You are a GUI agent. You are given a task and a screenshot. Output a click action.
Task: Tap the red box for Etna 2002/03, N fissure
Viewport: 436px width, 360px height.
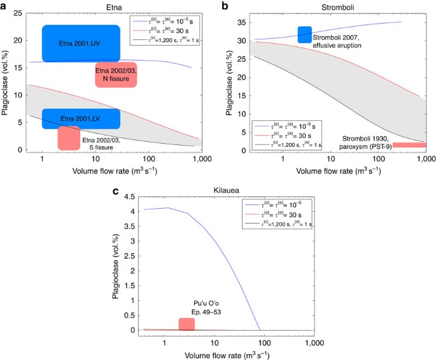pos(116,75)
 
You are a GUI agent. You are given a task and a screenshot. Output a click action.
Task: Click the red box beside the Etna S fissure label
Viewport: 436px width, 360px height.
pos(69,138)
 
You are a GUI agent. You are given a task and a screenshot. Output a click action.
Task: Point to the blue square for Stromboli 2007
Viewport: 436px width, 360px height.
pos(305,35)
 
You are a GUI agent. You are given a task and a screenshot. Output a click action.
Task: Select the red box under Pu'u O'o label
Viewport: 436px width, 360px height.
pos(186,324)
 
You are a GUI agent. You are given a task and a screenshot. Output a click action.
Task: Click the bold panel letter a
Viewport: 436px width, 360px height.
pos(4,5)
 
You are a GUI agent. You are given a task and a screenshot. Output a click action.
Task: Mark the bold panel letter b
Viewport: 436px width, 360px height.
pos(223,5)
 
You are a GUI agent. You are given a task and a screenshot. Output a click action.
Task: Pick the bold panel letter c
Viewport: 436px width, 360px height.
pos(115,191)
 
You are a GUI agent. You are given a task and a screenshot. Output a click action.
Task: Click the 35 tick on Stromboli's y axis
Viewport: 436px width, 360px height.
pos(239,22)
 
